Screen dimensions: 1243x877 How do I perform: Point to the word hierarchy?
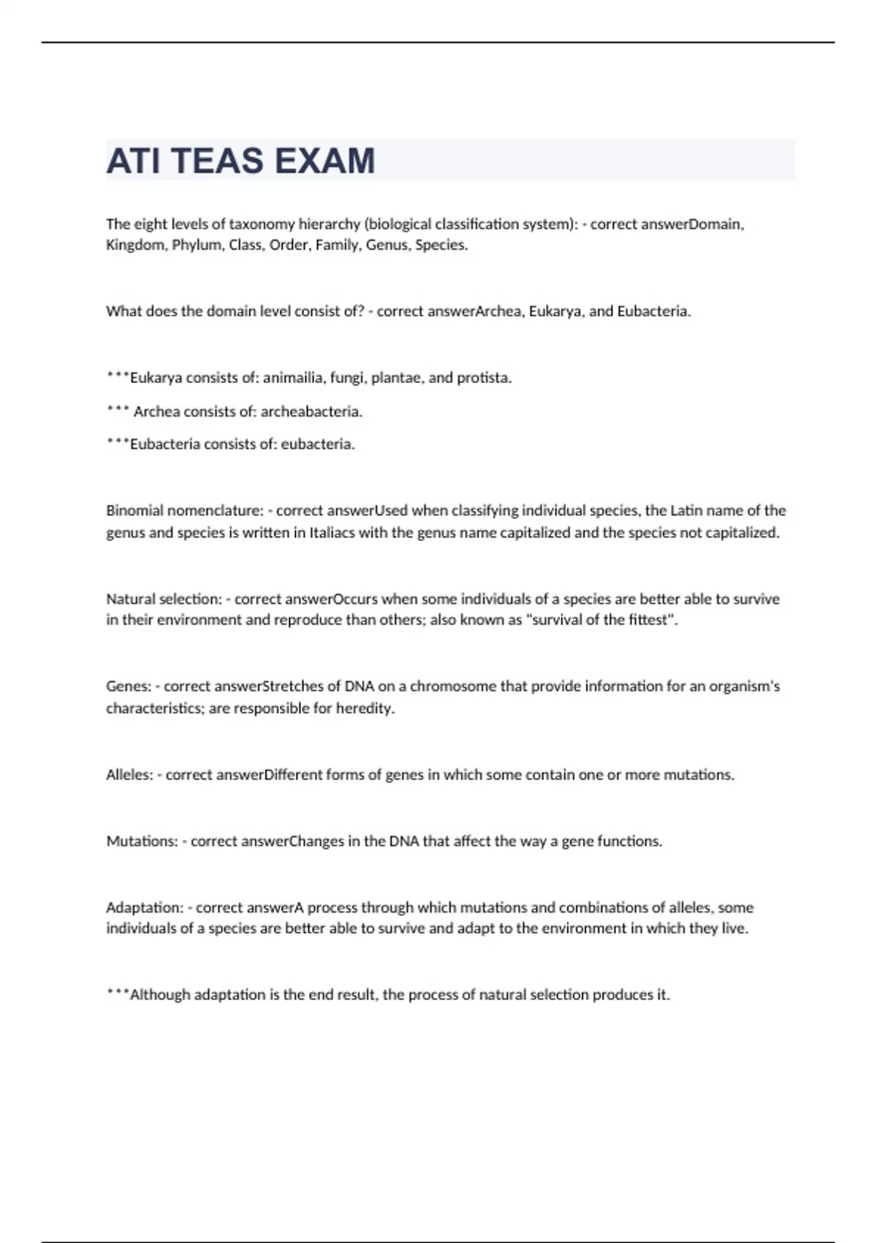(329, 224)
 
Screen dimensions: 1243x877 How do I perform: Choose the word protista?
(484, 378)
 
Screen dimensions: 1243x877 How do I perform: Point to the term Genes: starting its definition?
(129, 687)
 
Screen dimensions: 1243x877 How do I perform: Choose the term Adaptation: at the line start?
(145, 908)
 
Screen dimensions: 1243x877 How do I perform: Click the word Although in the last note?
(160, 995)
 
